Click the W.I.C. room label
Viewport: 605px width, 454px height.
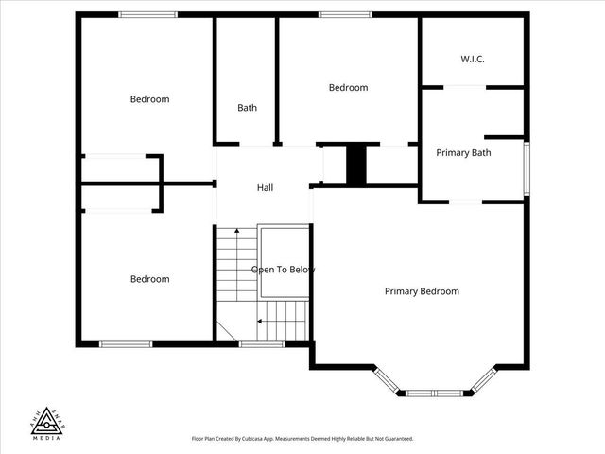473,59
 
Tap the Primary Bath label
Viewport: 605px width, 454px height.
463,152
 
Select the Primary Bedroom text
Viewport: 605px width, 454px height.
422,291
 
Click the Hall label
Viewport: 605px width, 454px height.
266,188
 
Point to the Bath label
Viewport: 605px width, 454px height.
247,108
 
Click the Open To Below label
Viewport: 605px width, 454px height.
283,270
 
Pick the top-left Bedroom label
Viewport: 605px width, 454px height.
149,99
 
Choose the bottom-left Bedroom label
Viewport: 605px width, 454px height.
149,279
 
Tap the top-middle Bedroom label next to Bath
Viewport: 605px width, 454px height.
348,88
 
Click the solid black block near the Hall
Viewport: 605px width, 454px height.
356,166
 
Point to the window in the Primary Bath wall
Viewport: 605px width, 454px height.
527,168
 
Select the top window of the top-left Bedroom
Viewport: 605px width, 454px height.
147,14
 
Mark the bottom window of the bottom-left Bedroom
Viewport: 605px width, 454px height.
126,344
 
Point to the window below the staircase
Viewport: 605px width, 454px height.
262,344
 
